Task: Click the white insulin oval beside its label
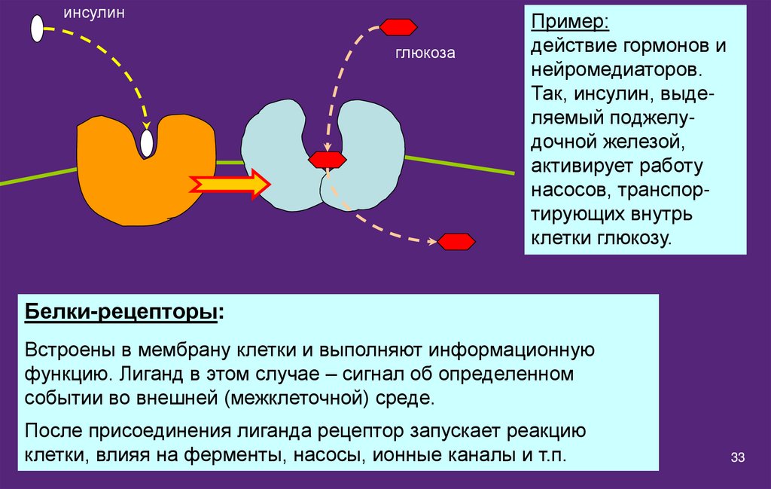point(37,28)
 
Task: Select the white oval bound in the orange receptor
point(147,142)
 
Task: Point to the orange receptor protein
point(128,181)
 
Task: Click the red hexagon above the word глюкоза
point(398,27)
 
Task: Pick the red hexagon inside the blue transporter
point(328,160)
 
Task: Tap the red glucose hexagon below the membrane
point(456,242)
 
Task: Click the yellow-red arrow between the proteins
point(230,183)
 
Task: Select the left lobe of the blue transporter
point(279,158)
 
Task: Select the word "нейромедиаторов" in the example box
point(617,70)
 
